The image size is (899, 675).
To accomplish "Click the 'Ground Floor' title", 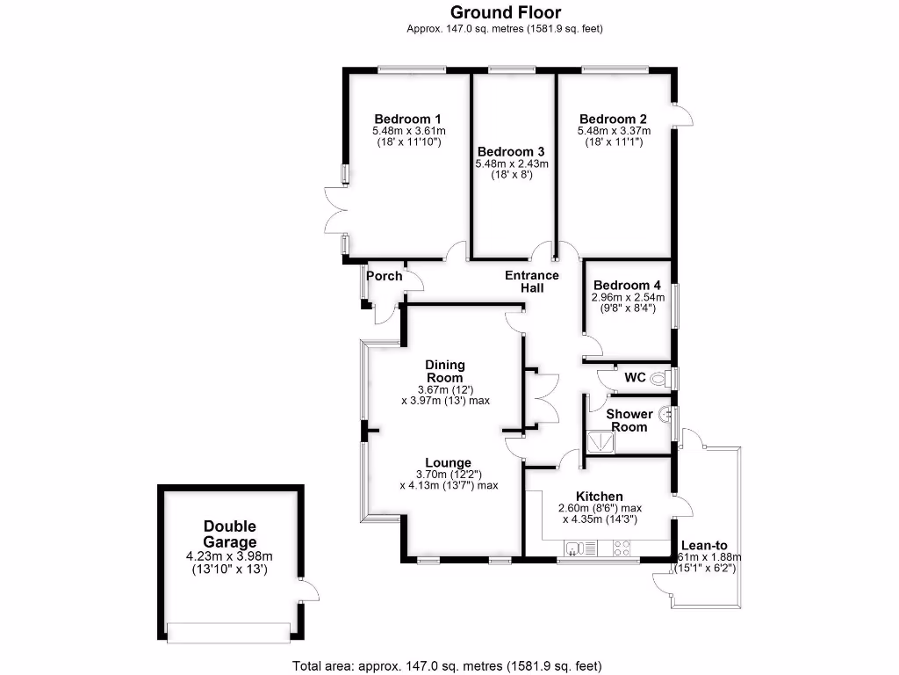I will (505, 12).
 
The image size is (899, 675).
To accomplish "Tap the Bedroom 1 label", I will (407, 120).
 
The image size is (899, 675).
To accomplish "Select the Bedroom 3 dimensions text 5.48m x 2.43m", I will (512, 163).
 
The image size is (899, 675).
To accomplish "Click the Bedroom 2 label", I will (613, 120).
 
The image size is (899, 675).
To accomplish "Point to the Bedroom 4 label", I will (627, 286).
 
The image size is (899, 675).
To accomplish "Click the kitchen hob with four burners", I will (621, 549).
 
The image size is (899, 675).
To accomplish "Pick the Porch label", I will (385, 276).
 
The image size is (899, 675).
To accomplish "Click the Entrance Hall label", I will (532, 281).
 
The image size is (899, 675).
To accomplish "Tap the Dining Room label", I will (445, 371).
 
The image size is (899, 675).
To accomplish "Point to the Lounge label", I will (449, 463).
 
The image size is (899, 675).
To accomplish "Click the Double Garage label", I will (229, 534).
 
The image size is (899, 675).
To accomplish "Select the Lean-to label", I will (709, 545).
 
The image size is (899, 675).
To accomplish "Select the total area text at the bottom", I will (447, 665).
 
